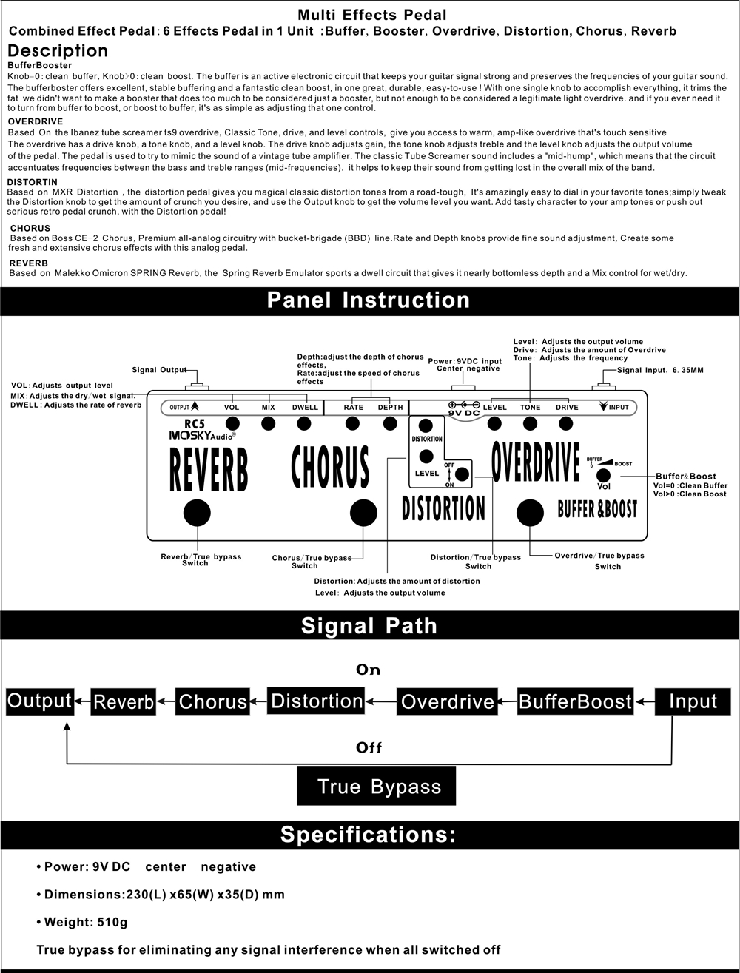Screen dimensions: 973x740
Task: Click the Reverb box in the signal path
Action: (x=124, y=702)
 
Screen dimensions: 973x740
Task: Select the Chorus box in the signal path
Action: (x=212, y=702)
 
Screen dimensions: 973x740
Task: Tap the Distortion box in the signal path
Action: (x=317, y=701)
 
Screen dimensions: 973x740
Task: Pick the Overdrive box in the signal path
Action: (x=447, y=702)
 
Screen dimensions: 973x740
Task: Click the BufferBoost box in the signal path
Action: (x=575, y=702)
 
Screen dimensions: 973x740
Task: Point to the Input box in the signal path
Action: (x=693, y=701)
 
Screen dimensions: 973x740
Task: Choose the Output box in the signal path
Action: (x=39, y=701)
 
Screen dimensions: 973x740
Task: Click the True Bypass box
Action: (x=376, y=786)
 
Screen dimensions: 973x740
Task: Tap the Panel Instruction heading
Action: (x=369, y=300)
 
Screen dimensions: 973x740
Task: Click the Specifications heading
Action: (x=369, y=835)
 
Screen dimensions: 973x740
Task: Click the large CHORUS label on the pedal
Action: (x=330, y=466)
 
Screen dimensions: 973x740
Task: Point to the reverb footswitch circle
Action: (x=197, y=512)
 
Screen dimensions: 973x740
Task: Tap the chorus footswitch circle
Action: (x=363, y=512)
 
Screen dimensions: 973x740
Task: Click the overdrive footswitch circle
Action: (x=530, y=512)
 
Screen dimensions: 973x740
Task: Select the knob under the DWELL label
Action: (x=303, y=423)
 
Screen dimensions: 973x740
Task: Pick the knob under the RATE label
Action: (x=353, y=423)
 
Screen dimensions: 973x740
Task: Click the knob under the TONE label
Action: (x=530, y=423)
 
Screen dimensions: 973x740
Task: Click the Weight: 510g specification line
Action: (x=86, y=923)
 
